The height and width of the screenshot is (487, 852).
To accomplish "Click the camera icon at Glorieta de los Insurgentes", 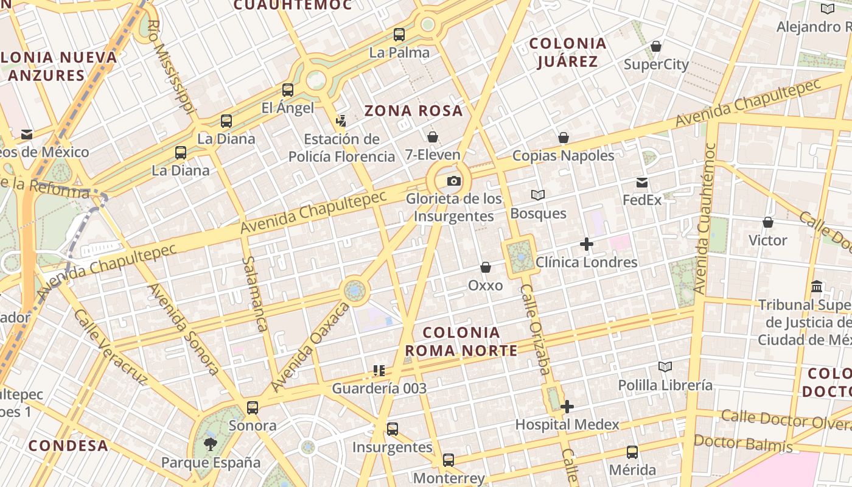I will [x=454, y=181].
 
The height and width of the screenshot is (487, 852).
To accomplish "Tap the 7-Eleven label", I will [x=433, y=155].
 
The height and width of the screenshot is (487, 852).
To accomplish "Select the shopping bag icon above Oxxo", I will [x=486, y=267].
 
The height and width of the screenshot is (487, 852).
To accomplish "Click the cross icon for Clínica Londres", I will [x=587, y=244].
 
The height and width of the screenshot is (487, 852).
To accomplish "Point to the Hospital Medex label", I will [x=567, y=424].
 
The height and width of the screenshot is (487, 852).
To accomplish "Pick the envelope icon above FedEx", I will [x=642, y=183].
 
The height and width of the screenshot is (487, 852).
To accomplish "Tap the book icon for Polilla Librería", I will [x=665, y=366].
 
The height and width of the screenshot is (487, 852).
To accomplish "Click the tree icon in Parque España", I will [x=211, y=444].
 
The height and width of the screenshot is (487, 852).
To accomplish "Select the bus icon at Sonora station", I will [x=253, y=407].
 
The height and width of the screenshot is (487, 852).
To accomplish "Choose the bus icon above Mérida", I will [x=632, y=452].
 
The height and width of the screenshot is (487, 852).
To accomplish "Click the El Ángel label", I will [x=288, y=108].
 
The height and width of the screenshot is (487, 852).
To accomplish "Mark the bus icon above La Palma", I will [x=399, y=35].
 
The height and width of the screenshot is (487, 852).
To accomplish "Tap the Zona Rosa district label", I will [x=414, y=111].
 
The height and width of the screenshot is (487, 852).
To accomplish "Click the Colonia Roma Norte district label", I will [x=461, y=342].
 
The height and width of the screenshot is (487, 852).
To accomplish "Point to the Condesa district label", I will [x=68, y=446].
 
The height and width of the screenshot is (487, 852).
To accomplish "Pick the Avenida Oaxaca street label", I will [x=310, y=347].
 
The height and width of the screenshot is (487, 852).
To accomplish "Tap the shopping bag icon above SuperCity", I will [x=656, y=46].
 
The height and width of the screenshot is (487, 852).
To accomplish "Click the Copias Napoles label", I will [x=564, y=155].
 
